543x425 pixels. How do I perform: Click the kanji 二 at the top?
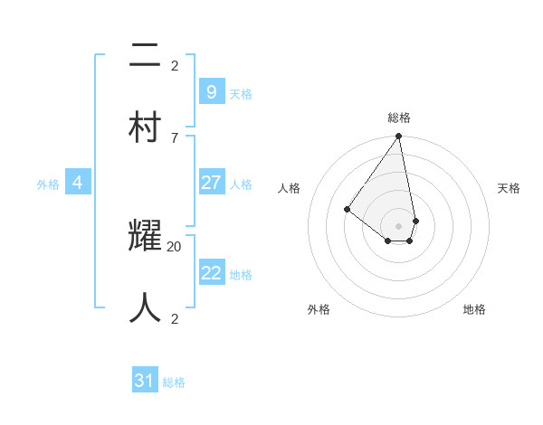point(146,57)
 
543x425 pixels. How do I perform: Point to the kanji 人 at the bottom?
point(146,307)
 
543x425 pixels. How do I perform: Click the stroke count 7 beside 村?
point(175,137)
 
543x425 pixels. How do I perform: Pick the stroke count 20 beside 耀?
point(175,246)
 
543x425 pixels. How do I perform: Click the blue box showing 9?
point(211,91)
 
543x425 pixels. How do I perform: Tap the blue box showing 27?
point(211,183)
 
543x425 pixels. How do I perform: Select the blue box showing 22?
point(211,273)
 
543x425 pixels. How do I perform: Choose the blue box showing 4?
point(78,183)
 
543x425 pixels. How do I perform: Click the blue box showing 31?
point(144,381)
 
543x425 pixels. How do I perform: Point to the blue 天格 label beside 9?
point(241,93)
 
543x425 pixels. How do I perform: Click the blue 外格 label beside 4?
point(48,184)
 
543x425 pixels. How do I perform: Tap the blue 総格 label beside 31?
point(174,382)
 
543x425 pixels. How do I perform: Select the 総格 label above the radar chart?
point(399,118)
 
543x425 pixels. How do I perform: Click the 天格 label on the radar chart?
point(509,188)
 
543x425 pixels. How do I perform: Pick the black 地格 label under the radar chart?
point(474,309)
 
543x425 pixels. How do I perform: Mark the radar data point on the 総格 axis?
point(398,137)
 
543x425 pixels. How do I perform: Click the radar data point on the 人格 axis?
point(347,209)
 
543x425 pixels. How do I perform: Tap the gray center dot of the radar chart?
point(398,225)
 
